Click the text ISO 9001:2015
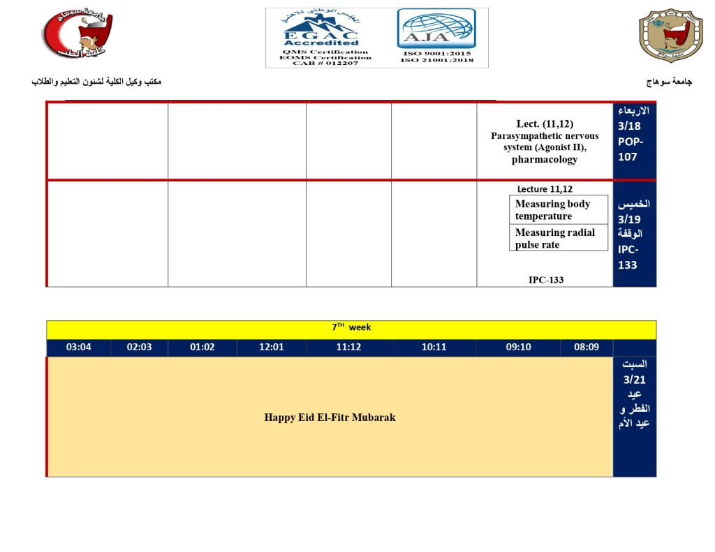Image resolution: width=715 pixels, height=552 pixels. [x=437, y=53]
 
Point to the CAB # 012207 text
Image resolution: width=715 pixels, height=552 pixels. [x=320, y=63]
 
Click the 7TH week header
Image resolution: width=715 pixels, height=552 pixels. [x=351, y=327]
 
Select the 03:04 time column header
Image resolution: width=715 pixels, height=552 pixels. [x=78, y=348]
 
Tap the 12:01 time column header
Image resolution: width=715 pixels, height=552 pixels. [x=271, y=348]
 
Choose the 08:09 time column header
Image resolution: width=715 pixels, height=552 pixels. [x=586, y=348]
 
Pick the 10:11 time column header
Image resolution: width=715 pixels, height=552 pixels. [x=434, y=348]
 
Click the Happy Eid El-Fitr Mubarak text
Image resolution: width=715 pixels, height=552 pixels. [x=330, y=417]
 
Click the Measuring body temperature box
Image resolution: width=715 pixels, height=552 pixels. [x=558, y=210]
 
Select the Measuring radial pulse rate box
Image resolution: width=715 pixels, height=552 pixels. [x=558, y=239]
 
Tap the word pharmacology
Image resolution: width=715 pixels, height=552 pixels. [x=545, y=160]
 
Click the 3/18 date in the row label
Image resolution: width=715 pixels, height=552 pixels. [x=629, y=126]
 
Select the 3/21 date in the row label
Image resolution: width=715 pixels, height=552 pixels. [x=634, y=380]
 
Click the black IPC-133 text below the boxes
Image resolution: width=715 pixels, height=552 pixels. [x=545, y=280]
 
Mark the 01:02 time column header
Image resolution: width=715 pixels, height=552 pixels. [x=202, y=348]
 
